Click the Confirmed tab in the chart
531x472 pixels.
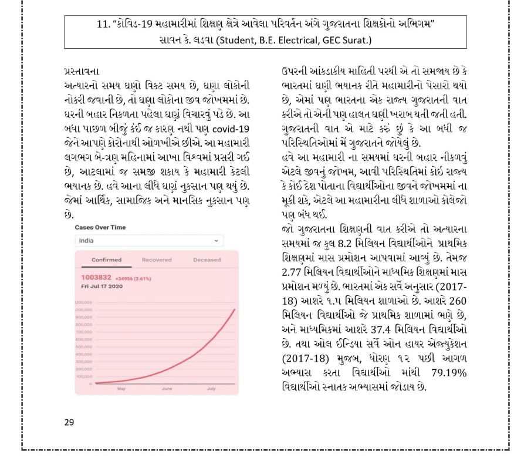(106, 259)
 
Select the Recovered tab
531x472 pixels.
(157, 259)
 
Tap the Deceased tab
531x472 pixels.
(207, 259)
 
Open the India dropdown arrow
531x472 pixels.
(215, 240)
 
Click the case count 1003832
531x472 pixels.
(96, 277)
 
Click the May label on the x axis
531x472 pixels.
(121, 389)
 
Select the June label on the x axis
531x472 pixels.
(167, 389)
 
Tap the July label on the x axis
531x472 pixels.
(211, 389)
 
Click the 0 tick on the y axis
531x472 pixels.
(90, 383)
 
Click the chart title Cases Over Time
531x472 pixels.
(100, 227)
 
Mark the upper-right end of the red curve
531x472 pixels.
(234, 309)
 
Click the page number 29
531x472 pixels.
(70, 422)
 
